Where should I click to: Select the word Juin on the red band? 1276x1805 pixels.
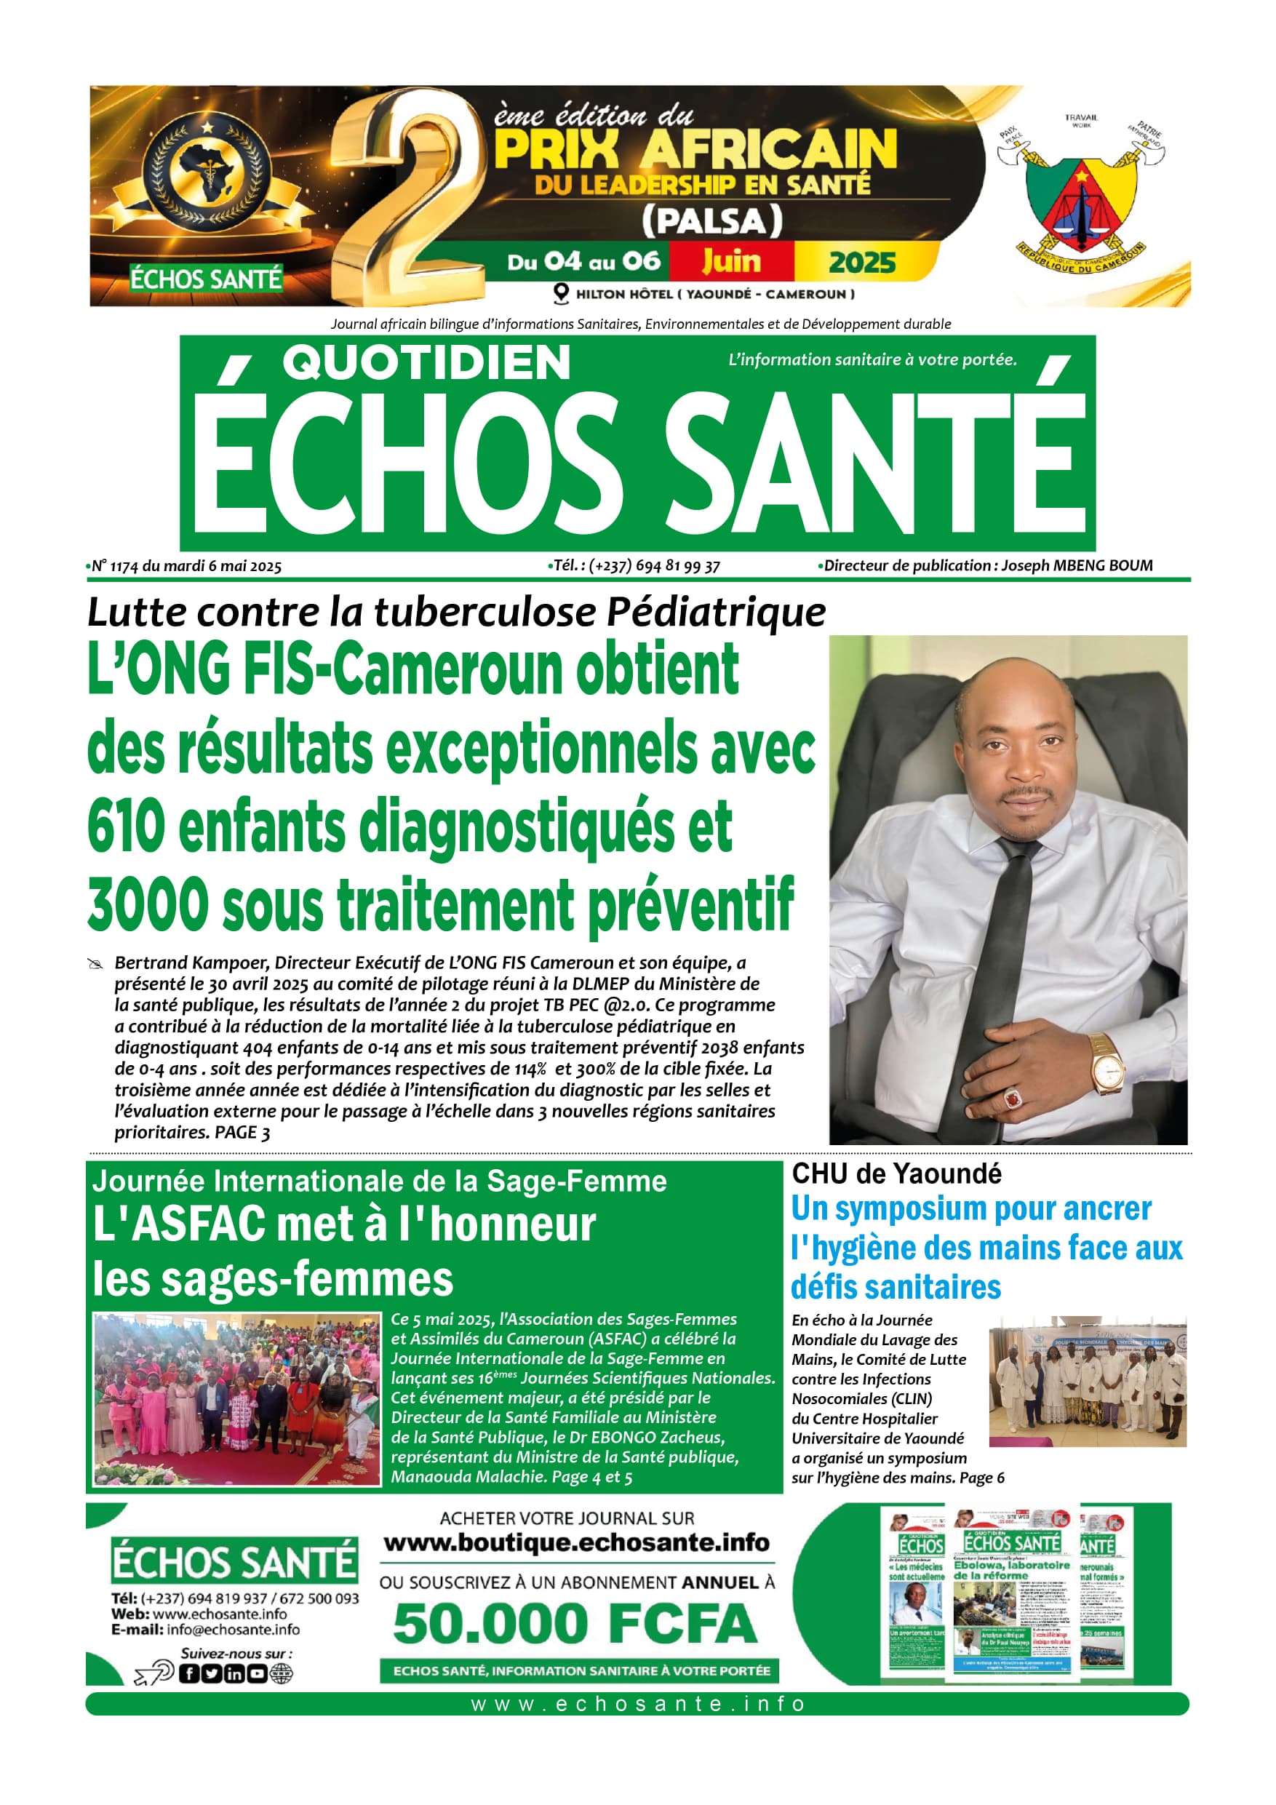click(731, 261)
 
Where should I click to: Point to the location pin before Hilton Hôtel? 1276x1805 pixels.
click(561, 294)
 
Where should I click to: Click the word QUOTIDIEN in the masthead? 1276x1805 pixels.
click(426, 363)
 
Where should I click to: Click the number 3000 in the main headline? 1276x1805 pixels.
click(148, 905)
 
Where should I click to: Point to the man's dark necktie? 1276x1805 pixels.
click(995, 967)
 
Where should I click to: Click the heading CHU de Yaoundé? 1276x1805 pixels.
click(896, 1174)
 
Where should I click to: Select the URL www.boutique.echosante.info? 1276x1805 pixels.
click(576, 1542)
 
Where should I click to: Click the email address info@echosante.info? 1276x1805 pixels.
click(233, 1630)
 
